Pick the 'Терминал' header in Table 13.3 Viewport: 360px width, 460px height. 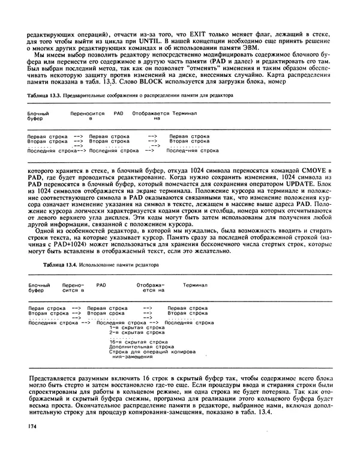click(x=186, y=113)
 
